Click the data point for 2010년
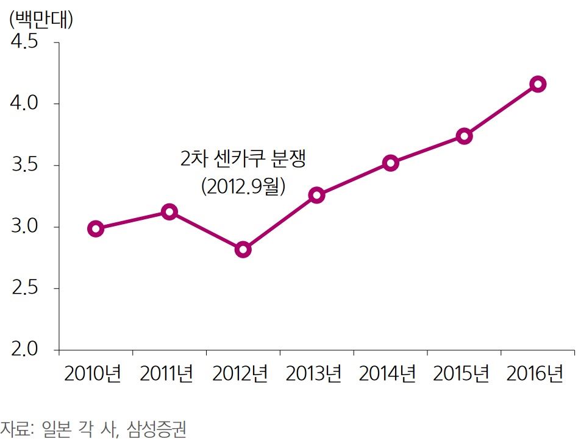tap(96, 229)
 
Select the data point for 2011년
tap(169, 212)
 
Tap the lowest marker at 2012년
tap(243, 250)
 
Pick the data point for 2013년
tap(316, 196)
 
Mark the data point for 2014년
tap(391, 163)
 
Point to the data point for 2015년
tap(464, 136)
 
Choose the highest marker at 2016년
tap(538, 84)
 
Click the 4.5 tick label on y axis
tap(25, 43)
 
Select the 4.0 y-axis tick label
tap(25, 104)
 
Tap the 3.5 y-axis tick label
tap(25, 166)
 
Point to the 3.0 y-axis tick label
tap(25, 227)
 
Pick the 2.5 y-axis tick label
tap(25, 289)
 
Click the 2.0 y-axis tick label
tap(25, 350)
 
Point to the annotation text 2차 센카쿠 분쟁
tap(243, 160)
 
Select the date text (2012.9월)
tap(243, 186)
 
